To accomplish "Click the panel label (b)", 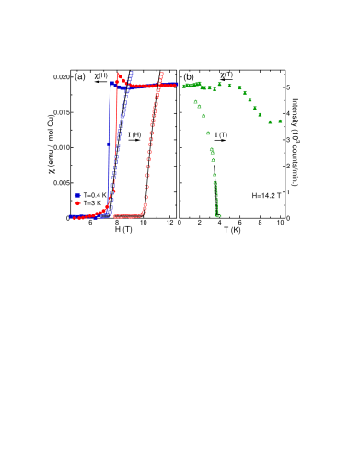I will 188,76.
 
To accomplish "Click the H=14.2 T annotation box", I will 266,195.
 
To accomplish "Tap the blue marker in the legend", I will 77,195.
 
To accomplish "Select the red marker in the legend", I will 77,203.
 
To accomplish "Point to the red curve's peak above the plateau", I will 119,75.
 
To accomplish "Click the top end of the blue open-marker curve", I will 132,73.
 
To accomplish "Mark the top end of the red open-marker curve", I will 162,74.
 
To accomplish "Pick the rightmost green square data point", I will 280,121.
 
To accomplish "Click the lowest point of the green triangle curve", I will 218,215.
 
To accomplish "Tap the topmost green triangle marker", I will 195,101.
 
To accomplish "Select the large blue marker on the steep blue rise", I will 109,144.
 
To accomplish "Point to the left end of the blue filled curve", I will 71,216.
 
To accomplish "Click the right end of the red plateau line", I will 175,85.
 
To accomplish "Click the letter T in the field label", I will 278,195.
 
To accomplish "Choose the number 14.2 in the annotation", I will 268,195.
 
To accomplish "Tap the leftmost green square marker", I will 184,86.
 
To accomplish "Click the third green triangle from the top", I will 203,115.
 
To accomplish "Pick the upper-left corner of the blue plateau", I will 111,84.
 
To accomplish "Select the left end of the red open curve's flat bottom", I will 115,216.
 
